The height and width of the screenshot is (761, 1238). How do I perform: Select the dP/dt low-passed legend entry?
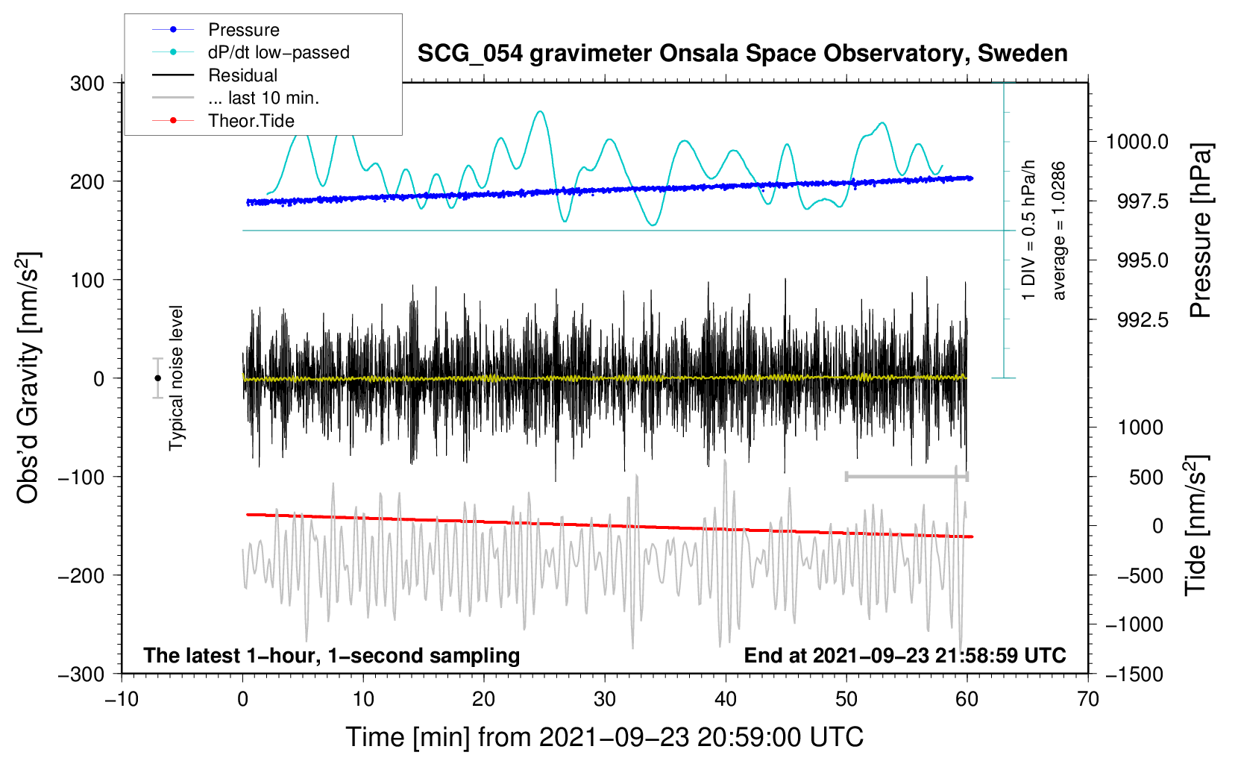[278, 52]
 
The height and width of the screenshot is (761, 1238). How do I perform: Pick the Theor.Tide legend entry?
[251, 121]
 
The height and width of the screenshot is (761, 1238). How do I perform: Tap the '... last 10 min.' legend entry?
[263, 98]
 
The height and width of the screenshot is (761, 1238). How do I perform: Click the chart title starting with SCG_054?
[742, 54]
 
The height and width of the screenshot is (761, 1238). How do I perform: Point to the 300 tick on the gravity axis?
[87, 84]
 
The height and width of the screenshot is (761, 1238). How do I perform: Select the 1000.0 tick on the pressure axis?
[1137, 142]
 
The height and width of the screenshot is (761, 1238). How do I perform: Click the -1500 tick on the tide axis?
[1134, 674]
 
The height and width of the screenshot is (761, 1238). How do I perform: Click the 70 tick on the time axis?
[1088, 699]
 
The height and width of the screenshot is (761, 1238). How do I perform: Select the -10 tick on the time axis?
[122, 699]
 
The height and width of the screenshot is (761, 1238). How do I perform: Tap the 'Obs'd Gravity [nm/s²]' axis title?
[28, 378]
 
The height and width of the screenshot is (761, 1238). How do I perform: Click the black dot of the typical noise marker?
[157, 378]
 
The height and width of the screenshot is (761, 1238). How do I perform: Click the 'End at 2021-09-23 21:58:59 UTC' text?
[905, 656]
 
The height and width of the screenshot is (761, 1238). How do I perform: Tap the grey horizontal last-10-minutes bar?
[906, 477]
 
